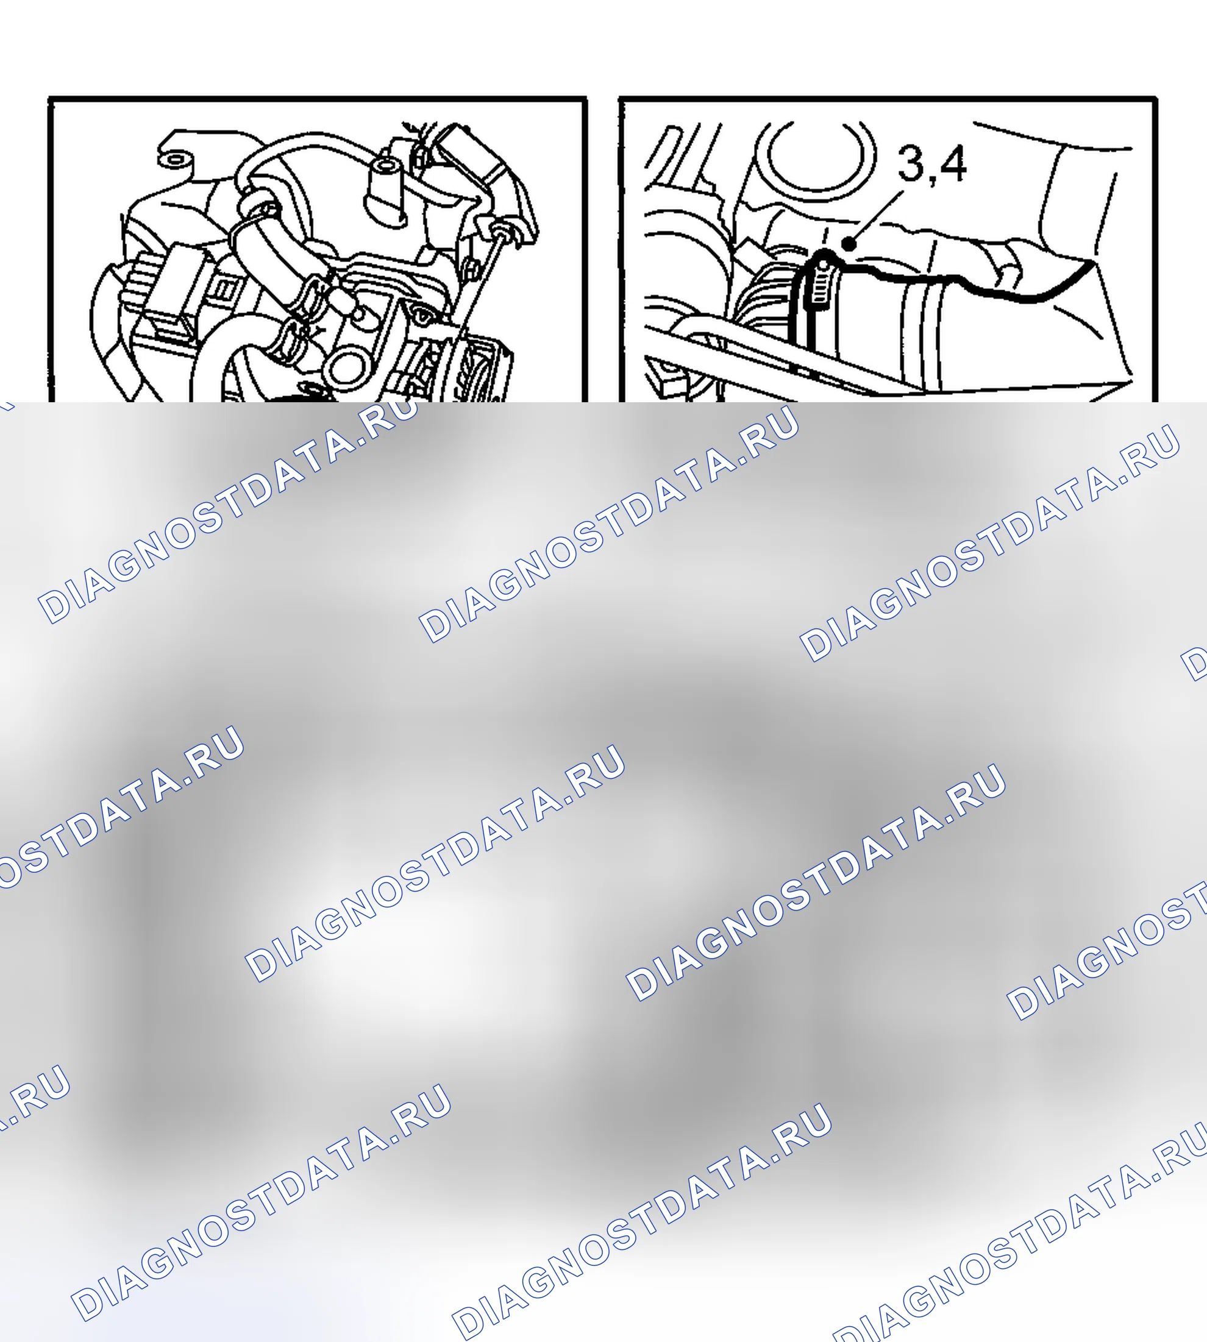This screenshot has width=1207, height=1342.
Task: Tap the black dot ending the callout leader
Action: [849, 243]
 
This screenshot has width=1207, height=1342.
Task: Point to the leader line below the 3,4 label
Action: [877, 218]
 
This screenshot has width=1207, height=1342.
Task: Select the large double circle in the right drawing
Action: [816, 152]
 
